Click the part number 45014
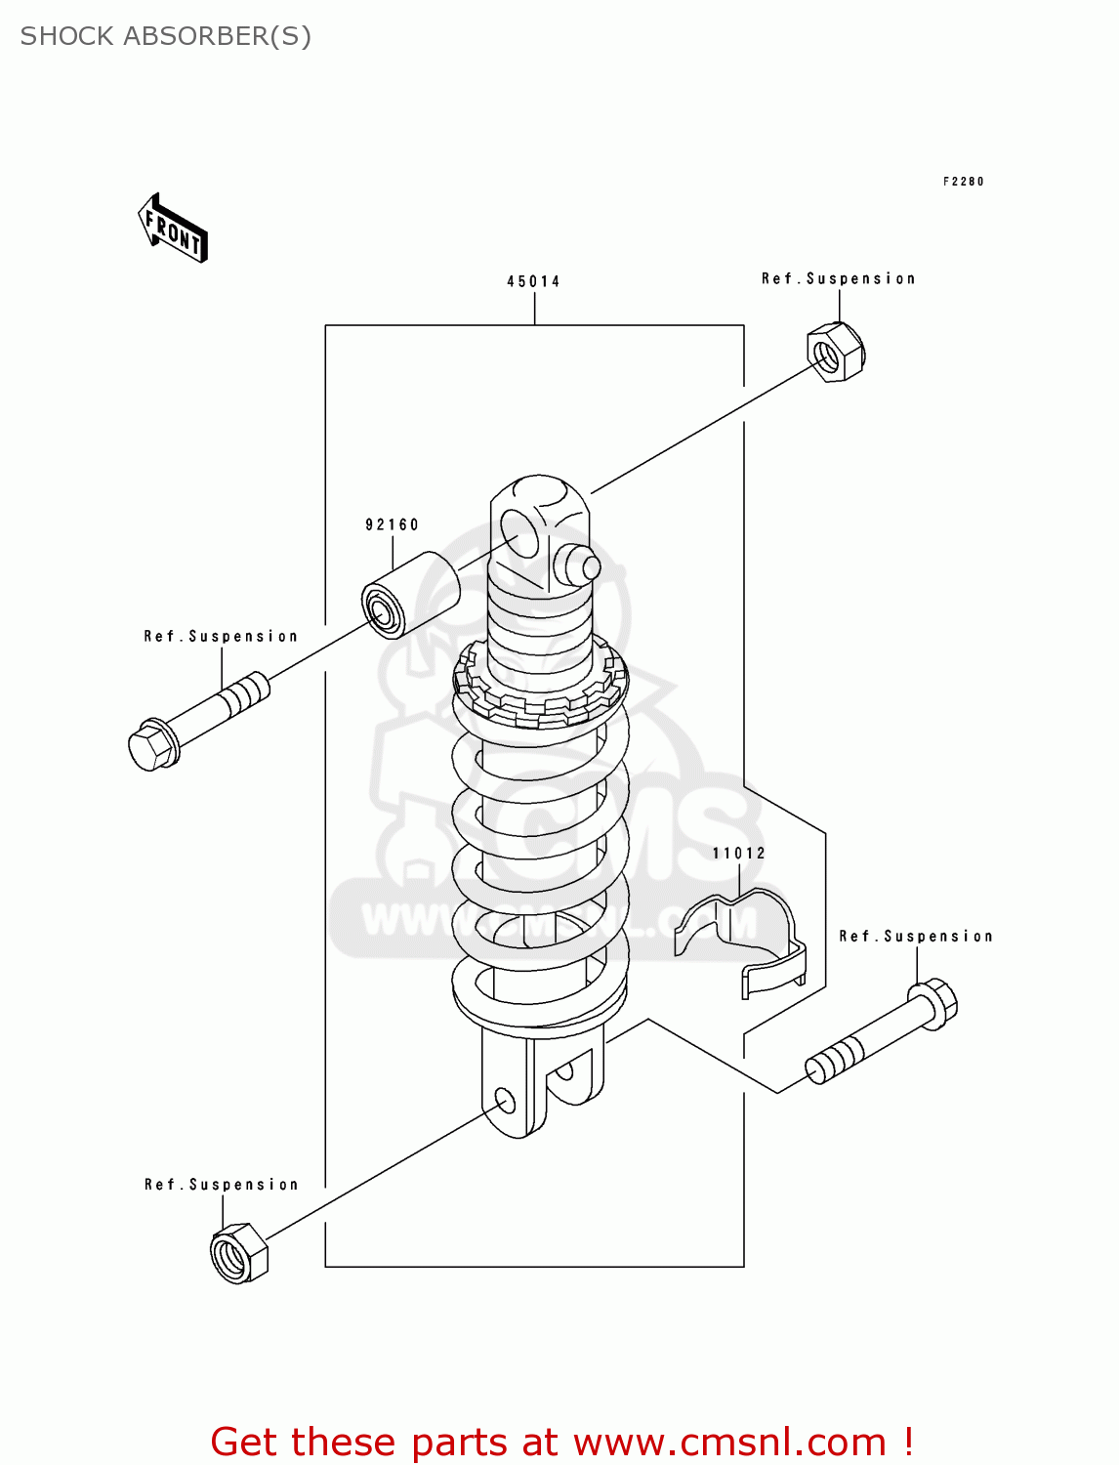click(x=533, y=281)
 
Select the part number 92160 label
click(x=392, y=524)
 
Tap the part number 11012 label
click(x=738, y=853)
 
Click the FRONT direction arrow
click(x=174, y=229)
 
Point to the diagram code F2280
click(x=963, y=182)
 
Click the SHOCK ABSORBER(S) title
click(x=166, y=36)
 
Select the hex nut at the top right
click(x=836, y=352)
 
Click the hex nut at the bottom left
click(x=238, y=1253)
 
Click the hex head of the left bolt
click(x=152, y=747)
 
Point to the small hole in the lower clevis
click(x=505, y=1102)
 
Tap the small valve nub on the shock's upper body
click(x=576, y=565)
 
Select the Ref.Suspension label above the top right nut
click(x=838, y=279)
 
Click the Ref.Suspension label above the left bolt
click(x=221, y=637)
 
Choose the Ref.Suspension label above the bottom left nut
click(x=221, y=1185)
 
